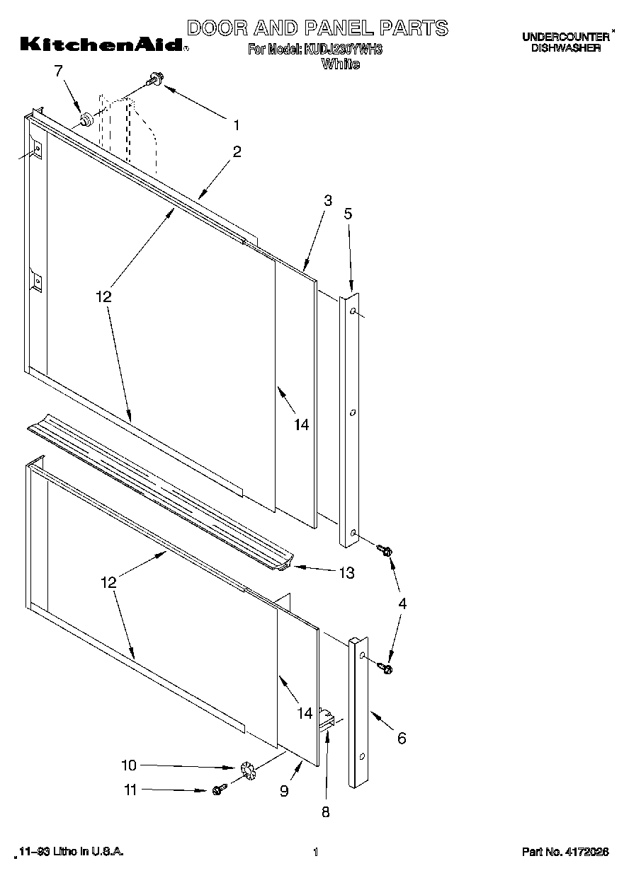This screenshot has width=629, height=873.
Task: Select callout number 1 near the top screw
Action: pyautogui.click(x=236, y=125)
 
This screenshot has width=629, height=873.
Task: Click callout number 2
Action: pyautogui.click(x=236, y=151)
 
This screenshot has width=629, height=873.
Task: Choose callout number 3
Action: pyautogui.click(x=327, y=201)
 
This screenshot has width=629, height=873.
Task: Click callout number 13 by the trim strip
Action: pyautogui.click(x=346, y=572)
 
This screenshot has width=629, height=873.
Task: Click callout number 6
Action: pyautogui.click(x=402, y=739)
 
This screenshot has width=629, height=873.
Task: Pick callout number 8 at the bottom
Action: pyautogui.click(x=325, y=812)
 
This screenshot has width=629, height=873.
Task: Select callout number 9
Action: pyautogui.click(x=284, y=791)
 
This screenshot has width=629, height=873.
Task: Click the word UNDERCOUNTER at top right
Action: pyautogui.click(x=565, y=37)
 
